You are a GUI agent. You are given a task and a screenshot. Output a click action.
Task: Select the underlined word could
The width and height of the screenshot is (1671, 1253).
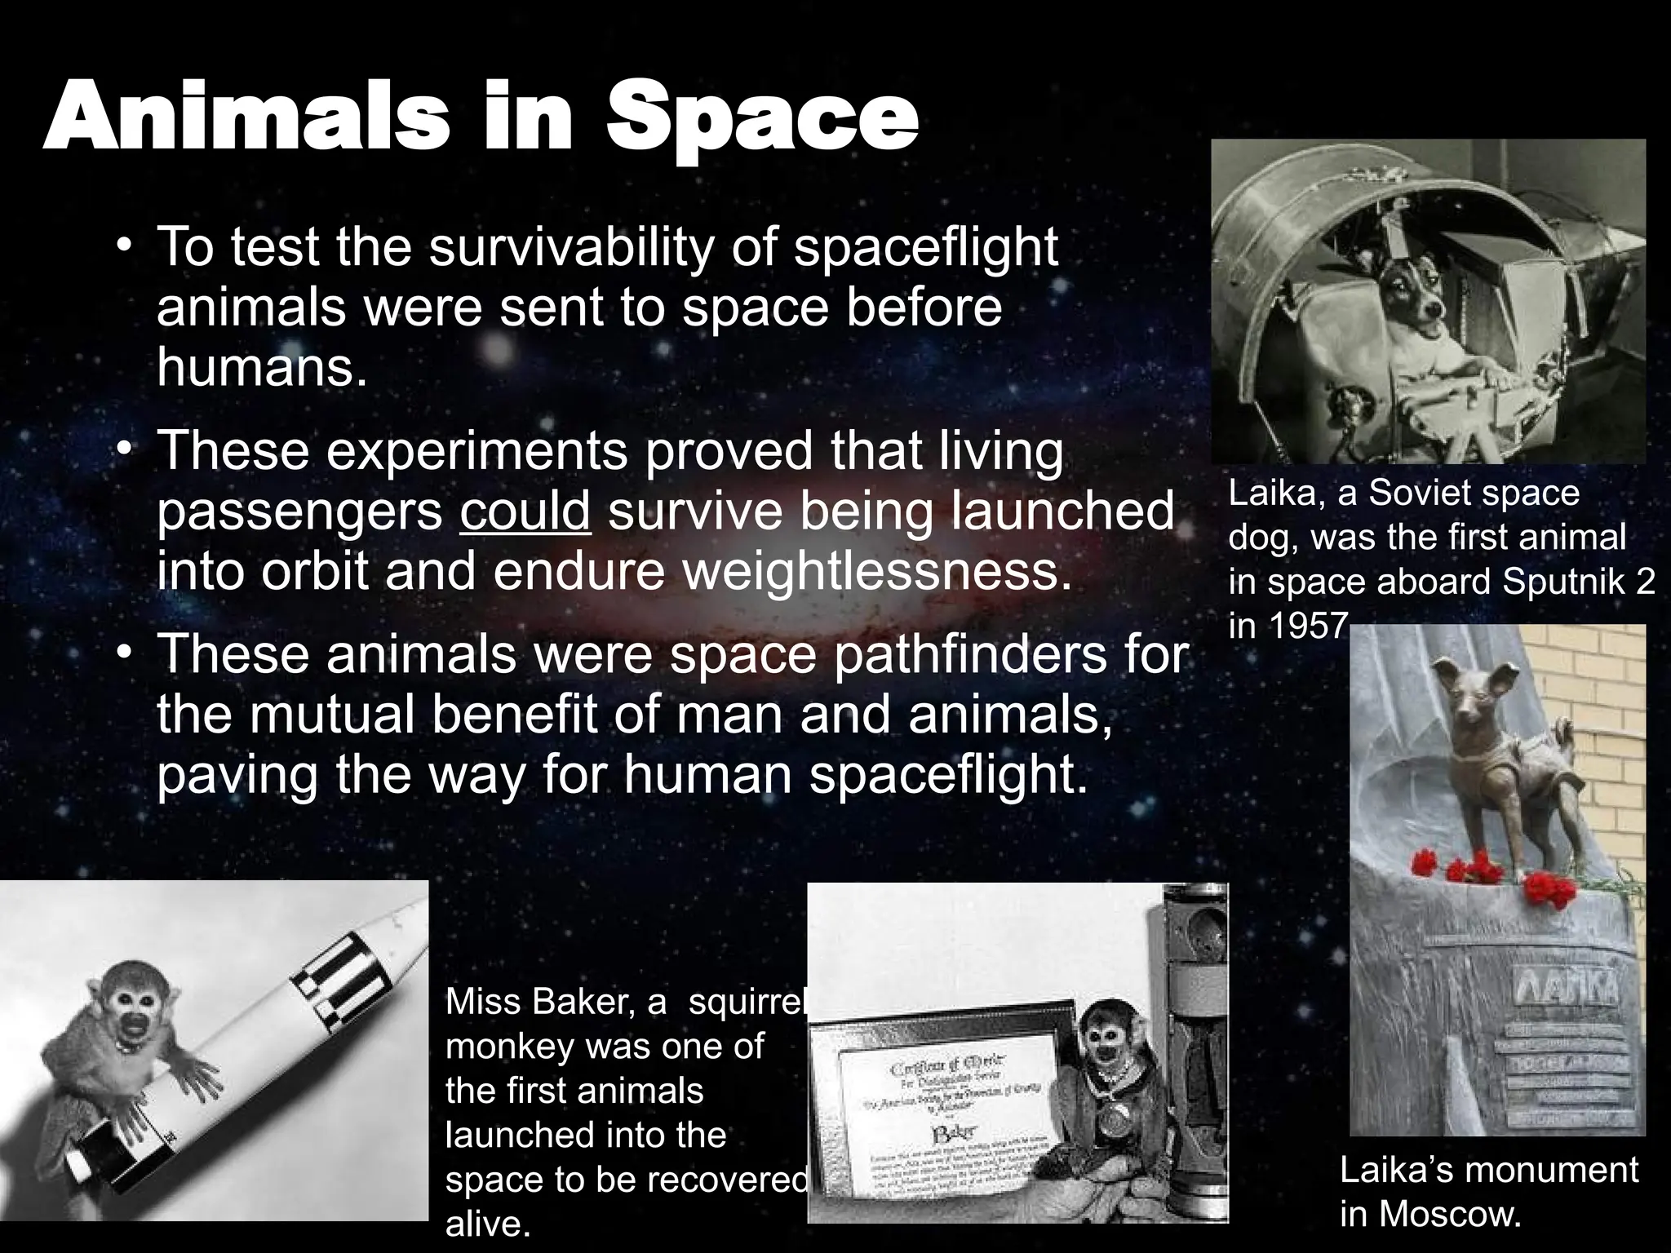[x=525, y=511]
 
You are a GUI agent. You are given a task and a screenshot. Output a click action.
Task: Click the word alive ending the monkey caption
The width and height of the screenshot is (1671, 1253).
[x=487, y=1224]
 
